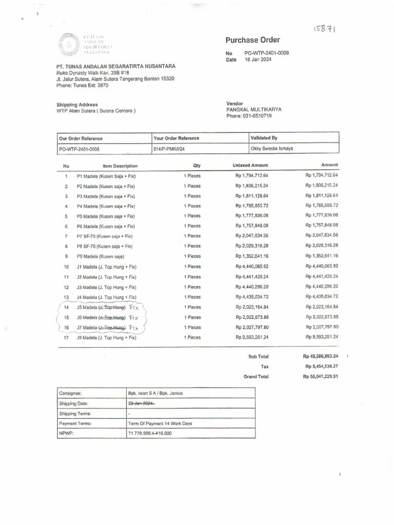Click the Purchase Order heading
coord(252,40)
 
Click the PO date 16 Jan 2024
coord(258,59)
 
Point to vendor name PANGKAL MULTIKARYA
coord(254,109)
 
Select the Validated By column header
coord(264,138)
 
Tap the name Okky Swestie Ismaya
coord(271,149)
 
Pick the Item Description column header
coord(120,166)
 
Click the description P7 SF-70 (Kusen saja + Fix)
coord(105,236)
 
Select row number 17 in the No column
coord(66,338)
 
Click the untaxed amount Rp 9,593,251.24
coord(251,338)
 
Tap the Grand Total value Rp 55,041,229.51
coord(321,376)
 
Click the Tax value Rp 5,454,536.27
coord(322,367)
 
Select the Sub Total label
coord(258,356)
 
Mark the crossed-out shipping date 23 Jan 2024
coord(142,403)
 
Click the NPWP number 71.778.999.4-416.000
coord(150,433)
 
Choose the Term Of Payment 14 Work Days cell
coord(160,423)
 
